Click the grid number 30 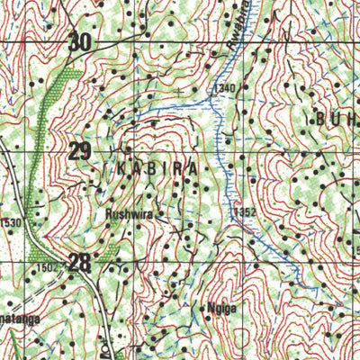pos(80,40)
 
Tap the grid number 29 pos(80,150)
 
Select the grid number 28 pos(80,262)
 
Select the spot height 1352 pos(242,212)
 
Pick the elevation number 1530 pos(10,221)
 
